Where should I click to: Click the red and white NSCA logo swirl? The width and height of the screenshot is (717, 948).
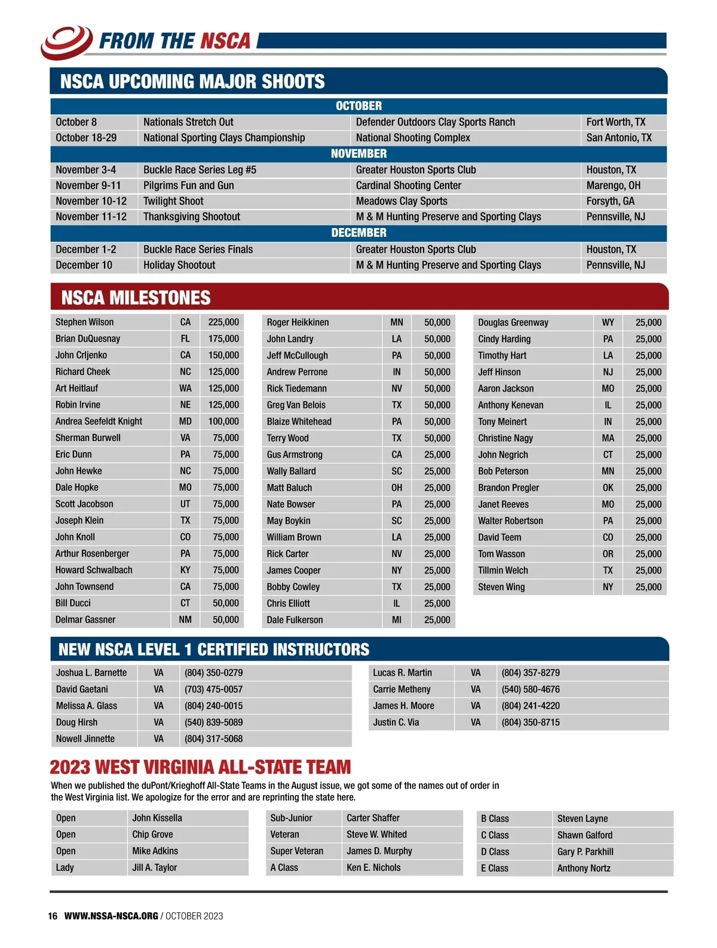[66, 41]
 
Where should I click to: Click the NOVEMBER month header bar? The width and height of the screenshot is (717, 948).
[358, 154]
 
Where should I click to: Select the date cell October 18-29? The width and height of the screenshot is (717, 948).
[86, 138]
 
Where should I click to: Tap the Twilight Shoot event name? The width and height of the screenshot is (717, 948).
[173, 201]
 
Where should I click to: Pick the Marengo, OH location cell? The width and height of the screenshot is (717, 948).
[613, 186]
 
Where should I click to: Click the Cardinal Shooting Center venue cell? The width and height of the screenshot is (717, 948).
[409, 186]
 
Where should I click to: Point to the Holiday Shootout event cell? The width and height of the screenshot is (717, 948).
[179, 265]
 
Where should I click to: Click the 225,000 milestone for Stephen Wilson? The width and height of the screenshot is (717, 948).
[223, 322]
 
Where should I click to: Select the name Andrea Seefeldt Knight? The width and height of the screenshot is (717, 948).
[99, 421]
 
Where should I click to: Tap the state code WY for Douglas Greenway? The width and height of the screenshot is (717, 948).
[608, 322]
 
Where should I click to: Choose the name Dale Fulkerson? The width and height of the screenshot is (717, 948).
[295, 620]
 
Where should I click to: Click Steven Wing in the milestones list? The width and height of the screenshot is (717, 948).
[501, 587]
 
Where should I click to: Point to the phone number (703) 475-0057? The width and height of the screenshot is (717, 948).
[213, 690]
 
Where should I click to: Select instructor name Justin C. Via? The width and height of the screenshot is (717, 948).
[396, 722]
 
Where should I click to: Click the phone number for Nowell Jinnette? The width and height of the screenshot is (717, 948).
[213, 739]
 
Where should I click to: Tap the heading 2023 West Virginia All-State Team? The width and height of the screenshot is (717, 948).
[200, 767]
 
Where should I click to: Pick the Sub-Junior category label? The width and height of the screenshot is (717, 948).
[291, 818]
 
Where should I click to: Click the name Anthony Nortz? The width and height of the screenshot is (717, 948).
[584, 869]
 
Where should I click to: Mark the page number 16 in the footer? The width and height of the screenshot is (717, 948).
[53, 916]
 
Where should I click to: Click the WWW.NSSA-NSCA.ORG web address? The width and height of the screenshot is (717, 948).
[111, 916]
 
